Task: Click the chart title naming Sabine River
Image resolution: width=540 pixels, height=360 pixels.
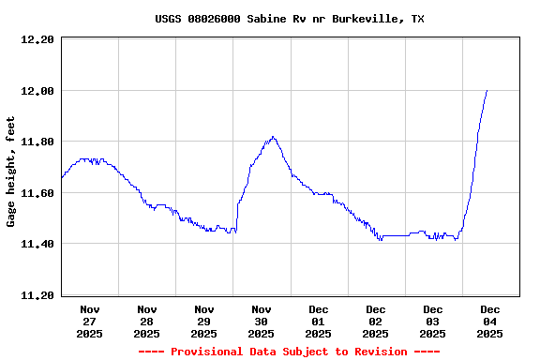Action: point(289,19)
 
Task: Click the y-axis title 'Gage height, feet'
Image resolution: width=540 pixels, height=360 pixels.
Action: point(11,172)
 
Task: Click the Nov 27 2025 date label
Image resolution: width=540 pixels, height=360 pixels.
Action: point(90,321)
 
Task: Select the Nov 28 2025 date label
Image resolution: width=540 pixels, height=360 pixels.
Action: point(147,321)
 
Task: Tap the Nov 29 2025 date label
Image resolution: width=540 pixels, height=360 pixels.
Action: point(204,321)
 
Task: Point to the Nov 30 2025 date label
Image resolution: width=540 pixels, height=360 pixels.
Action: point(262,321)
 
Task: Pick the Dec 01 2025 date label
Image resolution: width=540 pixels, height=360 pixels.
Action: point(319,321)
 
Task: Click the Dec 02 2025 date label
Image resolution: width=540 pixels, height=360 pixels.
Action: point(376,321)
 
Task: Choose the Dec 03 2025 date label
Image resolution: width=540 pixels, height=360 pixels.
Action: point(433,321)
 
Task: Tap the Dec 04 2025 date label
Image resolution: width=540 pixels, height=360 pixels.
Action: point(490,321)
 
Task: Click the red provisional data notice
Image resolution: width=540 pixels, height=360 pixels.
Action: point(289,352)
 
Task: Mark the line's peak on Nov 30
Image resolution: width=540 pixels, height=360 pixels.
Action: point(273,137)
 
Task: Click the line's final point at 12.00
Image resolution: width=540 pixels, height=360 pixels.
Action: point(487,91)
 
